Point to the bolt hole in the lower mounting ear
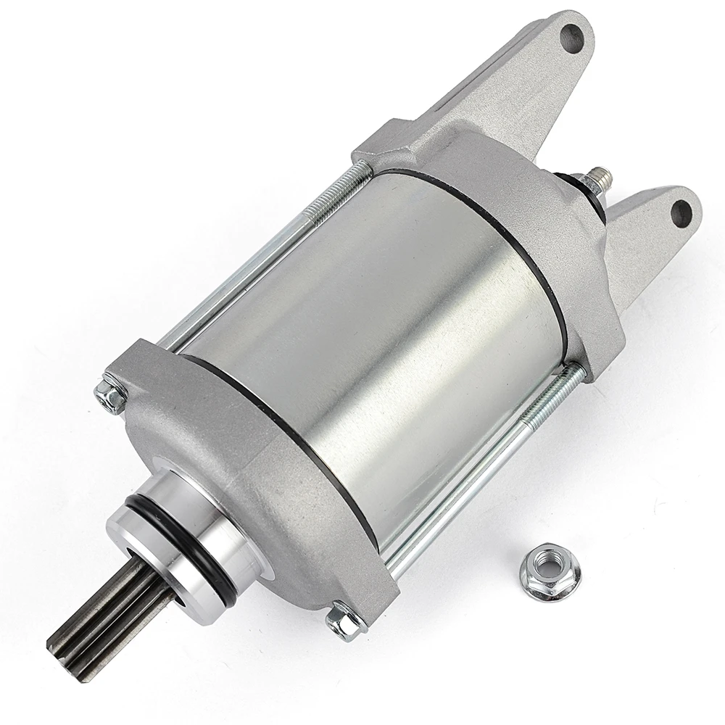(x=681, y=212)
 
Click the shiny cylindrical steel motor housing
(x=377, y=326)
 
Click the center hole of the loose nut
(x=542, y=571)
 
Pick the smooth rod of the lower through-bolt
(x=464, y=493)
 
